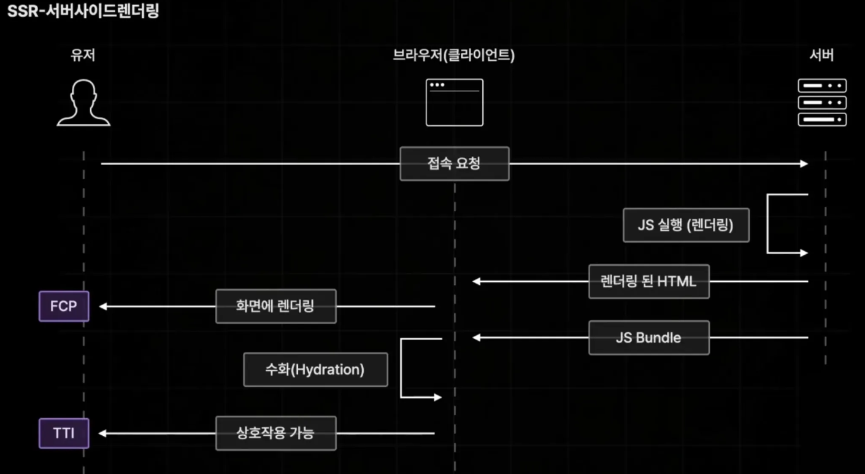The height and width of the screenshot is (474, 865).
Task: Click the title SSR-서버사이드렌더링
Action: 83,12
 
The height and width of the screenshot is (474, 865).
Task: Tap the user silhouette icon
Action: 83,103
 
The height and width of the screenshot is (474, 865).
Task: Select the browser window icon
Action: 455,103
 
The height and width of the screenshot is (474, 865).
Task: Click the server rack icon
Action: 822,103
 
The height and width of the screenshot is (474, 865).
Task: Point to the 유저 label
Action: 83,56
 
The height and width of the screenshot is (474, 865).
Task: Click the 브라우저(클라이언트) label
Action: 454,56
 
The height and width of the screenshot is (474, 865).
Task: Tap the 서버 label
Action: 822,56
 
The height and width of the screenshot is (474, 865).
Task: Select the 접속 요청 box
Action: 454,164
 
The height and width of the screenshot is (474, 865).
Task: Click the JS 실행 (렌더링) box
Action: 686,225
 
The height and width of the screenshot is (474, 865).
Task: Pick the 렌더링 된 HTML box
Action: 648,282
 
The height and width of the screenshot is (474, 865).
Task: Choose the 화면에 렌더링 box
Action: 275,306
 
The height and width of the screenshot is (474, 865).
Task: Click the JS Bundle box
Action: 648,338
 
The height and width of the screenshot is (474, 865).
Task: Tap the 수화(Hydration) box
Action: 315,370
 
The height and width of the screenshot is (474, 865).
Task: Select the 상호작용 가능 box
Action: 275,433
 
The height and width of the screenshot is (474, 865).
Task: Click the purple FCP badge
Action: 64,306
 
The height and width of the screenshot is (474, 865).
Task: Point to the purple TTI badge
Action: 64,433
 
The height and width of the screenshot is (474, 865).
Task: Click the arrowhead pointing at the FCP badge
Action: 103,306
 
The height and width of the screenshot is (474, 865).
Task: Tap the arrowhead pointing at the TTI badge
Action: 103,433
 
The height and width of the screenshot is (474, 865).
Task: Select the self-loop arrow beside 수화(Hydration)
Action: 402,368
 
